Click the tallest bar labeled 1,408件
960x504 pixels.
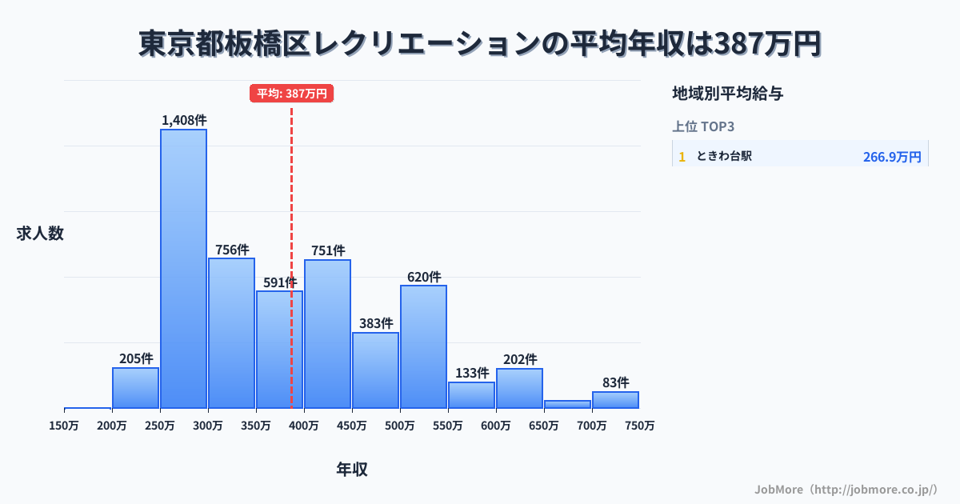click(x=183, y=268)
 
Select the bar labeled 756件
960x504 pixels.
click(x=231, y=333)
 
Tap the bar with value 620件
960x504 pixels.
click(x=423, y=346)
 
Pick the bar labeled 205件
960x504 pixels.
click(x=135, y=388)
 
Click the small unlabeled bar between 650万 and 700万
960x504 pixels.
click(x=567, y=404)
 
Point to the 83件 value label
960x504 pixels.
click(x=615, y=382)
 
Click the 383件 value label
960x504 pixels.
click(x=375, y=323)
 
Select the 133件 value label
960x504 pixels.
click(x=471, y=373)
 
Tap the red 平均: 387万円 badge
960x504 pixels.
click(x=291, y=94)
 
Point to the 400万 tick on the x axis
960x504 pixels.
click(x=303, y=426)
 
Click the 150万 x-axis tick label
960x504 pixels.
click(x=64, y=426)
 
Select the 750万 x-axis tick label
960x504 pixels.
click(x=639, y=426)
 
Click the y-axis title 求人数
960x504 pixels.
click(x=40, y=234)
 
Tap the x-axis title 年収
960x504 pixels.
click(x=351, y=470)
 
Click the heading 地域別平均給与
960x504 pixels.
click(x=727, y=94)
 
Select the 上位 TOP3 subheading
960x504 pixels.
click(x=703, y=126)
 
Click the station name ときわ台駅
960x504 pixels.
click(x=724, y=156)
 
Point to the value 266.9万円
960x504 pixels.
click(x=892, y=157)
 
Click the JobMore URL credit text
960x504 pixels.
click(x=845, y=489)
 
